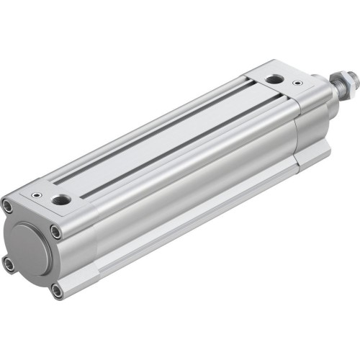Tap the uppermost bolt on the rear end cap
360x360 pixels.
coord(7,207)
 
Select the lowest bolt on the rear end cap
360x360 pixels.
coord(57,292)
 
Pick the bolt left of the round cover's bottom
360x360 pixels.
coord(9,265)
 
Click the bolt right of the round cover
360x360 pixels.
coord(55,232)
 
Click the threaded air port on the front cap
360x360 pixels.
coord(274,79)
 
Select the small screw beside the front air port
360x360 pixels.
coord(297,84)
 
